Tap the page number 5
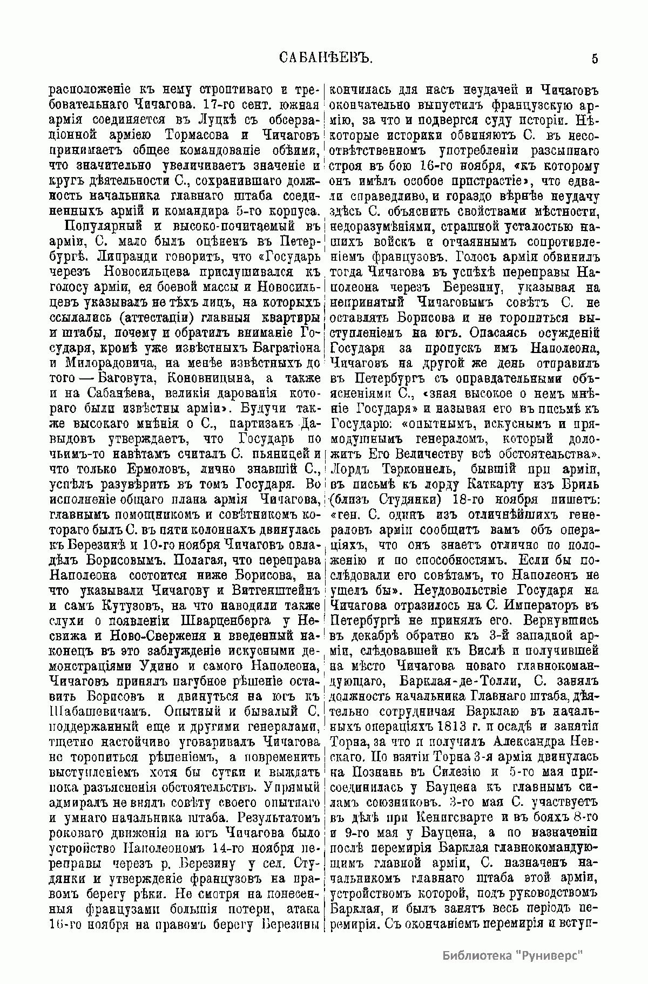click(595, 59)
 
